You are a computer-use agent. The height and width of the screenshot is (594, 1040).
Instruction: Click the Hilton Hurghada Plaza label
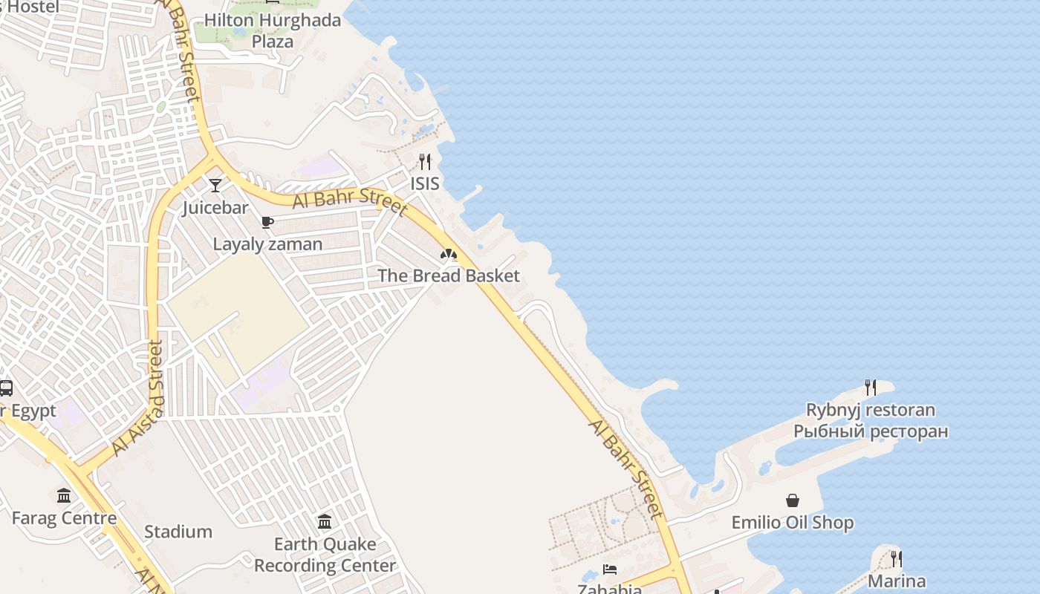[x=273, y=30]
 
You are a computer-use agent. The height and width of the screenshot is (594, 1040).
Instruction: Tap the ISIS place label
[x=425, y=183]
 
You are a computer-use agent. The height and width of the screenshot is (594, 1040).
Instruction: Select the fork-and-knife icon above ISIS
[x=425, y=161]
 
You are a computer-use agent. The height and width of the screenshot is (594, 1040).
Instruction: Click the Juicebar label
[x=215, y=207]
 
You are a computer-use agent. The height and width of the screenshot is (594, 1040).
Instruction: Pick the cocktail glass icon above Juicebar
[x=215, y=185]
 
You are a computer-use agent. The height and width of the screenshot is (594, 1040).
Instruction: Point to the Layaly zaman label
[x=267, y=244]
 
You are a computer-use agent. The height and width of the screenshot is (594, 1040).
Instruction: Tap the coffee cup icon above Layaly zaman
[x=267, y=222]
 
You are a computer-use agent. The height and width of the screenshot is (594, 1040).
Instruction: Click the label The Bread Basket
[x=449, y=275]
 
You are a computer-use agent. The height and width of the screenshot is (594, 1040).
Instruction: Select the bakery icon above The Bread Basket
[x=449, y=255]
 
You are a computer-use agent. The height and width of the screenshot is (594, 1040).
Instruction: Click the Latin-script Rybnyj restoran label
[x=871, y=410]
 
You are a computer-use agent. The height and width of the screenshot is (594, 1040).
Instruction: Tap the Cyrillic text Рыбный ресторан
[x=871, y=431]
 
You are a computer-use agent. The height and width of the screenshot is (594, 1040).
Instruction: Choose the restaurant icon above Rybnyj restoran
[x=871, y=387]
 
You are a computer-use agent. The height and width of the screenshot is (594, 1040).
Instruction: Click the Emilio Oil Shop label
[x=793, y=523]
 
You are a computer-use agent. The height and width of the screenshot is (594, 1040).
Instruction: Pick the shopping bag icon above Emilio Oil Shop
[x=793, y=500]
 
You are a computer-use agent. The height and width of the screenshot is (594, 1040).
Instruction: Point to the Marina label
[x=897, y=581]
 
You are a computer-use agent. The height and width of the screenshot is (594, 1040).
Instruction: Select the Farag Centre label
[x=64, y=518]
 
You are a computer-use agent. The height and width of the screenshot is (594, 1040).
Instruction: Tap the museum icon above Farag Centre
[x=64, y=495]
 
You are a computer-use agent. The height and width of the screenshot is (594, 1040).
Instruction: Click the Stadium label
[x=178, y=532]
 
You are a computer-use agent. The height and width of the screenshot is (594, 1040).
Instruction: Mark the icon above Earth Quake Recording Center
[x=325, y=521]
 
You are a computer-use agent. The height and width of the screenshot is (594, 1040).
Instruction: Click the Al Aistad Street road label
[x=139, y=398]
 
